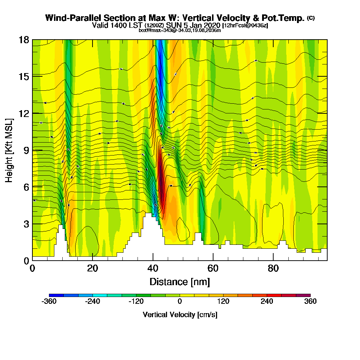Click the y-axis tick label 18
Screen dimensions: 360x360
(x=24, y=40)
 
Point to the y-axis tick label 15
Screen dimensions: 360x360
(x=24, y=76)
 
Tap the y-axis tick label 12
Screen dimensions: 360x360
(x=24, y=113)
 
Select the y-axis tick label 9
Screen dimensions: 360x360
(x=26, y=150)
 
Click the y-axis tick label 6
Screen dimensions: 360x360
(x=26, y=187)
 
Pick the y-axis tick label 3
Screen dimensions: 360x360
(x=26, y=224)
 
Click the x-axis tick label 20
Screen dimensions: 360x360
(x=93, y=269)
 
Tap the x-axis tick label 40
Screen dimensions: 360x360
(x=153, y=269)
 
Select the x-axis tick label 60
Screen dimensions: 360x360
(x=213, y=269)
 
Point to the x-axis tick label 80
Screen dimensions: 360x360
(x=274, y=269)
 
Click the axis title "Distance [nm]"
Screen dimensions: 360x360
(x=180, y=282)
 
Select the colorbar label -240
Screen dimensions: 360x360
(x=93, y=302)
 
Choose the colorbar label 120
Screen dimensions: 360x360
(x=223, y=302)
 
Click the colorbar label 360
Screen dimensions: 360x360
(x=310, y=302)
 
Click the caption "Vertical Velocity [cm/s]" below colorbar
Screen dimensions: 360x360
(x=180, y=315)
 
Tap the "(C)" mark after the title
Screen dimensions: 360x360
(x=311, y=18)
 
